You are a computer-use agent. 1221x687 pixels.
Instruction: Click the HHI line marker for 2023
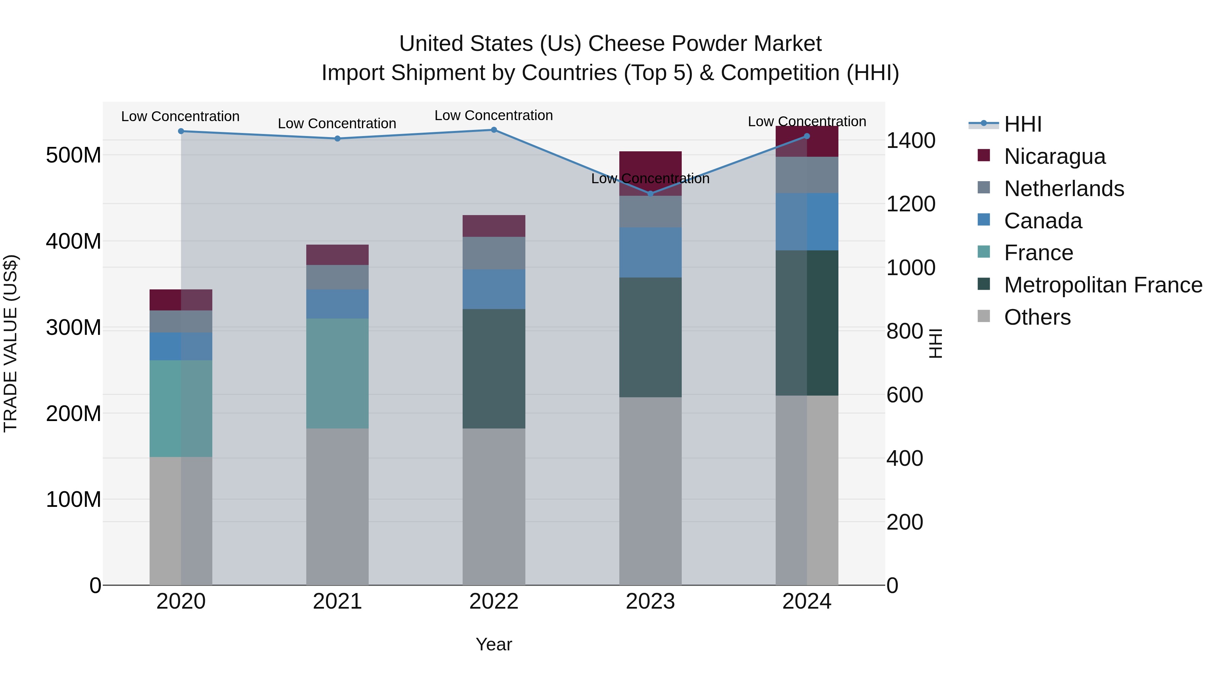(x=650, y=193)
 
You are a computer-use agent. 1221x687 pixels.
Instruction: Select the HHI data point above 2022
(x=493, y=130)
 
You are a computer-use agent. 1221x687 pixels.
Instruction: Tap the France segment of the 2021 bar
(x=337, y=373)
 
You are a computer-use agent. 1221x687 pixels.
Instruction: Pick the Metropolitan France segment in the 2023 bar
(x=650, y=337)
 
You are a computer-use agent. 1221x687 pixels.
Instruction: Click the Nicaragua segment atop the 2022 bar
(x=493, y=226)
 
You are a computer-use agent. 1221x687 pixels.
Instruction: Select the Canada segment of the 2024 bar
(x=807, y=222)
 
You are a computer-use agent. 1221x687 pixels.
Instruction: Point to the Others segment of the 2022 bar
(x=493, y=507)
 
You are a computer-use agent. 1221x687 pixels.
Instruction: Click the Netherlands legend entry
(x=1064, y=189)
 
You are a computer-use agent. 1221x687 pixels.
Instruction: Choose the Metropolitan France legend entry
(x=1103, y=285)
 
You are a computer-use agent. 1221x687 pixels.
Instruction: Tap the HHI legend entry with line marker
(x=1022, y=124)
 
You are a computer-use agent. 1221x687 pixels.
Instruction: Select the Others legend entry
(x=1037, y=317)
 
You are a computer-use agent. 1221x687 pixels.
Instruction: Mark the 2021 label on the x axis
(x=337, y=602)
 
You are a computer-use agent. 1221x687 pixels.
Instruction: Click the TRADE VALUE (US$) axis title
(x=11, y=343)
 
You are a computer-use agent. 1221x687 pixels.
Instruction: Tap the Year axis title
(x=493, y=644)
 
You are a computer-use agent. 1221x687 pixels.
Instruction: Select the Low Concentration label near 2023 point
(x=650, y=179)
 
